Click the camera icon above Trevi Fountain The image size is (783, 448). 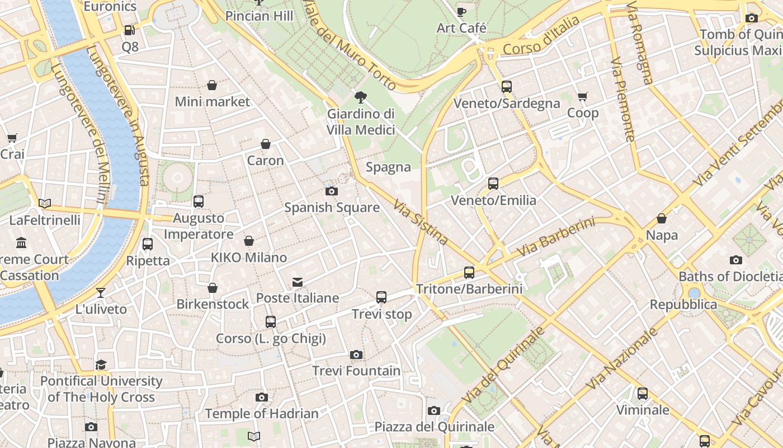click(356, 354)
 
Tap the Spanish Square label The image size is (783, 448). click(332, 208)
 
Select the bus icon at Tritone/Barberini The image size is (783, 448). click(469, 273)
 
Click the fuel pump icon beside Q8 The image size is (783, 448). click(129, 30)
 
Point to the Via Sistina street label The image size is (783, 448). click(420, 223)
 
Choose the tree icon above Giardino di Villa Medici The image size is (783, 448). click(361, 97)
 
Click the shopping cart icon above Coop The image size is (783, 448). click(583, 96)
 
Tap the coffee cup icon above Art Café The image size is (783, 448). click(461, 12)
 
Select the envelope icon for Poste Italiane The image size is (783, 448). click(298, 282)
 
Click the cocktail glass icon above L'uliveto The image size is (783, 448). click(101, 292)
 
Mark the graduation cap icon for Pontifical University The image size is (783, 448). click(101, 365)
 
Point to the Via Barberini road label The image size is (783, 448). click(555, 237)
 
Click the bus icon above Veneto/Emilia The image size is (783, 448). click(493, 184)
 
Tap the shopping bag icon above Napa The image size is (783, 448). click(662, 218)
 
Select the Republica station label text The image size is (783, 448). click(683, 305)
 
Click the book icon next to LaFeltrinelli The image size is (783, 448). click(45, 203)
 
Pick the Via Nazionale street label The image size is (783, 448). click(622, 358)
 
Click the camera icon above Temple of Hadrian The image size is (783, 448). click(261, 398)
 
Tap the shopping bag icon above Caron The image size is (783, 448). click(266, 144)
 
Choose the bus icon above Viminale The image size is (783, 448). click(643, 394)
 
